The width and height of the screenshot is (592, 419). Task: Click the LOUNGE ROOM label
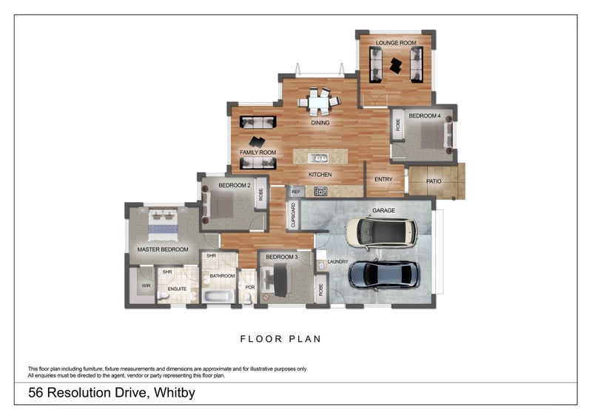[395, 44]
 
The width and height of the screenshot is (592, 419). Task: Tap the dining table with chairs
[320, 99]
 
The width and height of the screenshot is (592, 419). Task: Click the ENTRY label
[383, 180]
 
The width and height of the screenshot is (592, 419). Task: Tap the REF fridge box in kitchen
[295, 192]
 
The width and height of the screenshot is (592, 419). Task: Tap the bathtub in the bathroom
[218, 296]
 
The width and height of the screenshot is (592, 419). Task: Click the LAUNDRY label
[337, 262]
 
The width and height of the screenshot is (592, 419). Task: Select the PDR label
[250, 288]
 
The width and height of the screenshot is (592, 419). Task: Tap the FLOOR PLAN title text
[280, 340]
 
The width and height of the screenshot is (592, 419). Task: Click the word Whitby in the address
[173, 393]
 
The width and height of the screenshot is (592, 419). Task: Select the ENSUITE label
[177, 289]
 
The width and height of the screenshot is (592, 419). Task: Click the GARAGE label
[383, 211]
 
